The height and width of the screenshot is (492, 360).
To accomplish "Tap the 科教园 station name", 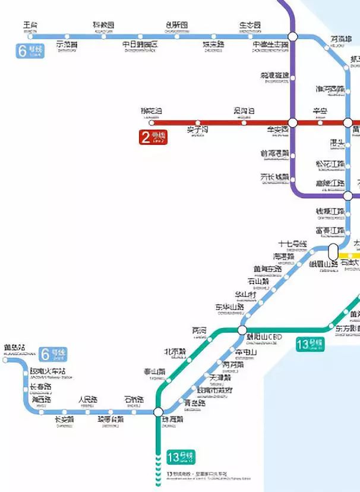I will [103, 25].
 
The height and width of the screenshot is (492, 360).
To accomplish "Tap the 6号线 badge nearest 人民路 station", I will [53, 355].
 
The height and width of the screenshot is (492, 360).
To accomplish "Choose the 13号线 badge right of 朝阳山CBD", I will [311, 344].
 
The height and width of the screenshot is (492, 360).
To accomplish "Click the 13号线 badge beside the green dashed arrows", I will [181, 457].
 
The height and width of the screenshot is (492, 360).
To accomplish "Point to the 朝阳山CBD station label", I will [264, 337].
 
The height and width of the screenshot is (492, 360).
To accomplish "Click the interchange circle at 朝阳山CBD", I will [242, 330].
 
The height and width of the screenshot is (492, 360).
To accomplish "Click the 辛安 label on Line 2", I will [320, 111].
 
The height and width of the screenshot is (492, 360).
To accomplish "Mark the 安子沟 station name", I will [198, 129].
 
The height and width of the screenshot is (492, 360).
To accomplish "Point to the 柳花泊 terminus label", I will [151, 111].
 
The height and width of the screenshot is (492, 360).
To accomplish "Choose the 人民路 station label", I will [87, 399].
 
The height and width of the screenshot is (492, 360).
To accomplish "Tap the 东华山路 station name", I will [230, 307].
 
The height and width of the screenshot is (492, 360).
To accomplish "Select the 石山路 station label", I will [258, 281].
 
